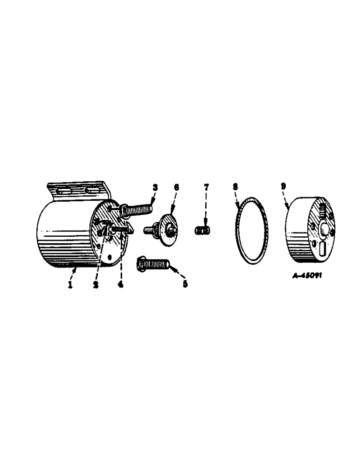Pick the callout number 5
pos(185,284)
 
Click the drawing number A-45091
pos(307,275)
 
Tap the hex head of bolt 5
pos(142,265)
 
